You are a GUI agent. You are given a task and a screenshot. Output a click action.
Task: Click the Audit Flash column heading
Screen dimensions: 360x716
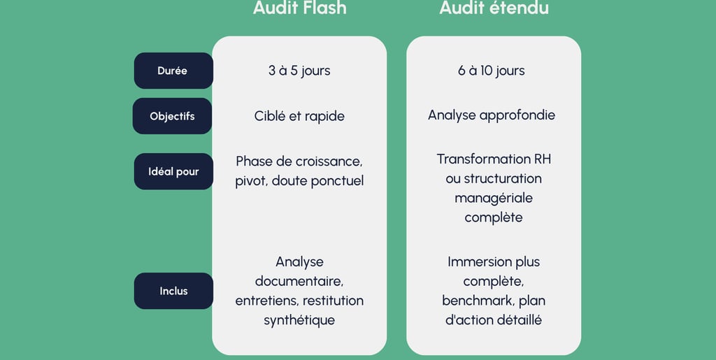[299, 8]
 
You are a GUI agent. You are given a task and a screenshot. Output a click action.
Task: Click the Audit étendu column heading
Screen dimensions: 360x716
[494, 8]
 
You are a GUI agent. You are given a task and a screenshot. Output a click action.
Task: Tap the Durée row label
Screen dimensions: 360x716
[173, 71]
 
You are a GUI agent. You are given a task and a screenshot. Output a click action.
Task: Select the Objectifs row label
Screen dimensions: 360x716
[172, 116]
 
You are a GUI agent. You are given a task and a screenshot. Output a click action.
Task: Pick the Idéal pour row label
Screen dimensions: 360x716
[173, 171]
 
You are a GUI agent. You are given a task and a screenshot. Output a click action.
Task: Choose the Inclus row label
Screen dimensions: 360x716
[173, 291]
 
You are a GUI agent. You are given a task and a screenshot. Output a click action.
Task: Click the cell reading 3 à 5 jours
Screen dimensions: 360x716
[299, 71]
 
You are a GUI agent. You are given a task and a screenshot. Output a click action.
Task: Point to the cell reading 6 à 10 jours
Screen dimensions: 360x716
[492, 71]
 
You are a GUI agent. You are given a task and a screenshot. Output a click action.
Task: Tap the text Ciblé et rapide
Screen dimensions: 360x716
[299, 116]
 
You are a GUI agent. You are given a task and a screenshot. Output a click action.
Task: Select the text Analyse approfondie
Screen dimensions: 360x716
[492, 115]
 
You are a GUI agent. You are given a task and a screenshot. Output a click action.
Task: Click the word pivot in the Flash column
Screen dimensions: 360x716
[250, 181]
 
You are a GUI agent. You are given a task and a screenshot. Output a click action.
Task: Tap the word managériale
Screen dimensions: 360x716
[494, 198]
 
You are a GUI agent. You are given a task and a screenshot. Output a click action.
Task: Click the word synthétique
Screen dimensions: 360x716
[299, 321]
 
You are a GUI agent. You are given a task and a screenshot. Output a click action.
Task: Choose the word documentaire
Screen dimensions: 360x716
[299, 282]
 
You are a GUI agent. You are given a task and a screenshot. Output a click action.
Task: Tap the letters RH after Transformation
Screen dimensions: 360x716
[542, 159]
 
